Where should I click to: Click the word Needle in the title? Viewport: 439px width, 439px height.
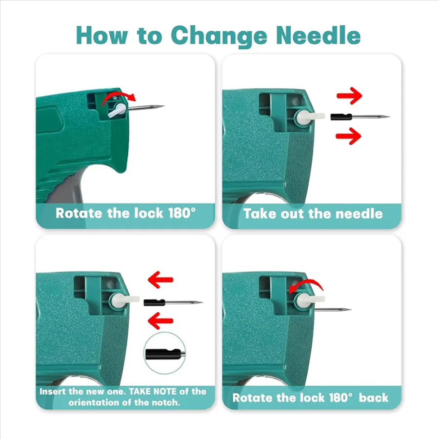318,35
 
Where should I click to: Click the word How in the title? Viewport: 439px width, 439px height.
101,35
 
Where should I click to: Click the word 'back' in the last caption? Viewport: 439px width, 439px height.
374,398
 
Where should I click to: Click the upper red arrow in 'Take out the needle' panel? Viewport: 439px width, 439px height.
349,96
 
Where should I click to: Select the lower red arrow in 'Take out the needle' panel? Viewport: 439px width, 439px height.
348,136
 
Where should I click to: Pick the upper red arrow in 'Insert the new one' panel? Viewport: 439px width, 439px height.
160,279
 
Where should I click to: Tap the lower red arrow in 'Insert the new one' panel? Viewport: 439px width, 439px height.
160,320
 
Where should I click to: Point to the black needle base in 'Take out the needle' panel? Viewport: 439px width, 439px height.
341,117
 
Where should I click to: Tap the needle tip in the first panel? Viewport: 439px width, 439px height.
163,106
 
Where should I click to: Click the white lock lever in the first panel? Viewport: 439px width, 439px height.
117,110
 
